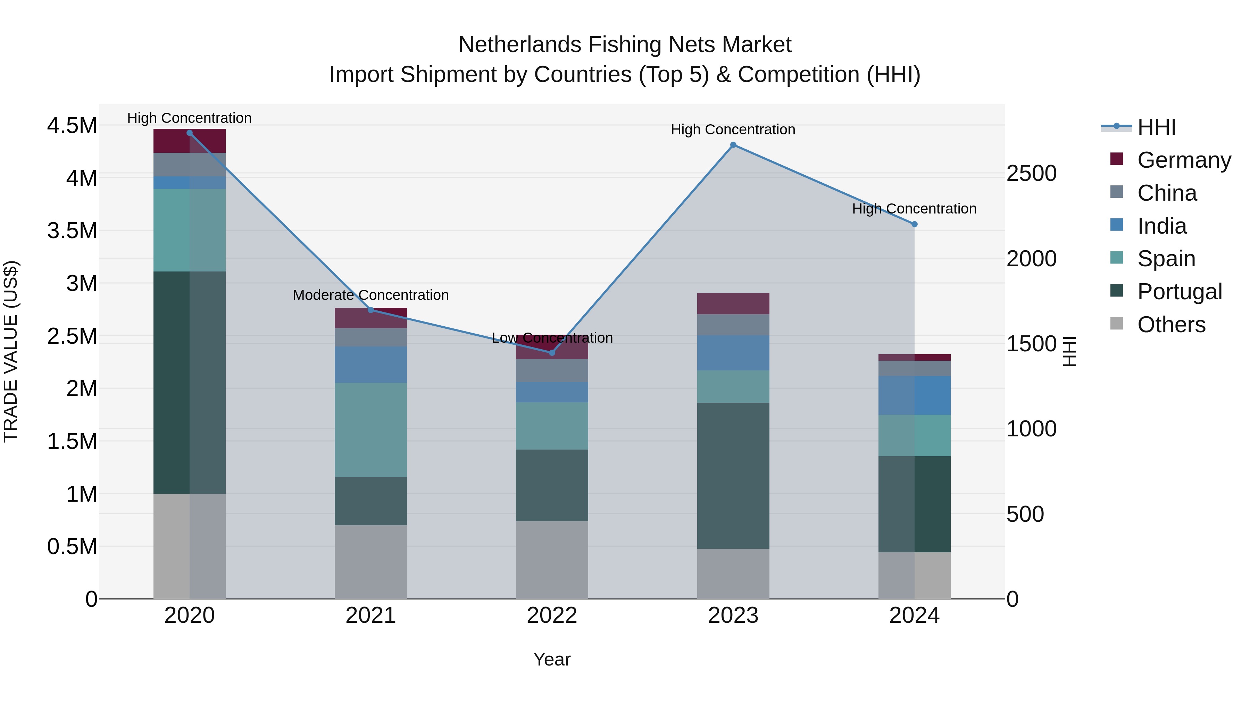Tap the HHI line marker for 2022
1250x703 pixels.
pyautogui.click(x=552, y=353)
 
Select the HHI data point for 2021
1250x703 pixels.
pyautogui.click(x=371, y=310)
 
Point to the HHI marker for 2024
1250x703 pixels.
pyautogui.click(x=914, y=224)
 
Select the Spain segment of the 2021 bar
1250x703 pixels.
pyautogui.click(x=371, y=430)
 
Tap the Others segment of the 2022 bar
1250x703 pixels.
pyautogui.click(x=552, y=560)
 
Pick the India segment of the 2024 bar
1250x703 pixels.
pyautogui.click(x=914, y=395)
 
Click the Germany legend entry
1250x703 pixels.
pyautogui.click(x=1184, y=160)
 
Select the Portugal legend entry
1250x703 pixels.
pyautogui.click(x=1179, y=292)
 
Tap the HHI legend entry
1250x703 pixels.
pyautogui.click(x=1156, y=127)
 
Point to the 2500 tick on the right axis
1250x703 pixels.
pyautogui.click(x=1032, y=174)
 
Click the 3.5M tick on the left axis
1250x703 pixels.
pyautogui.click(x=72, y=231)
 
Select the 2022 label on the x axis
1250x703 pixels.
pyautogui.click(x=552, y=616)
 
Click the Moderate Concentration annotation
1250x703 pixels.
pyautogui.click(x=371, y=295)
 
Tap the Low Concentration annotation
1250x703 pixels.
pyautogui.click(x=552, y=338)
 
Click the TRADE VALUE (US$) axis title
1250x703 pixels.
pyautogui.click(x=11, y=351)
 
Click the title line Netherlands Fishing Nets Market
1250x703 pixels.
pyautogui.click(x=625, y=45)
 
